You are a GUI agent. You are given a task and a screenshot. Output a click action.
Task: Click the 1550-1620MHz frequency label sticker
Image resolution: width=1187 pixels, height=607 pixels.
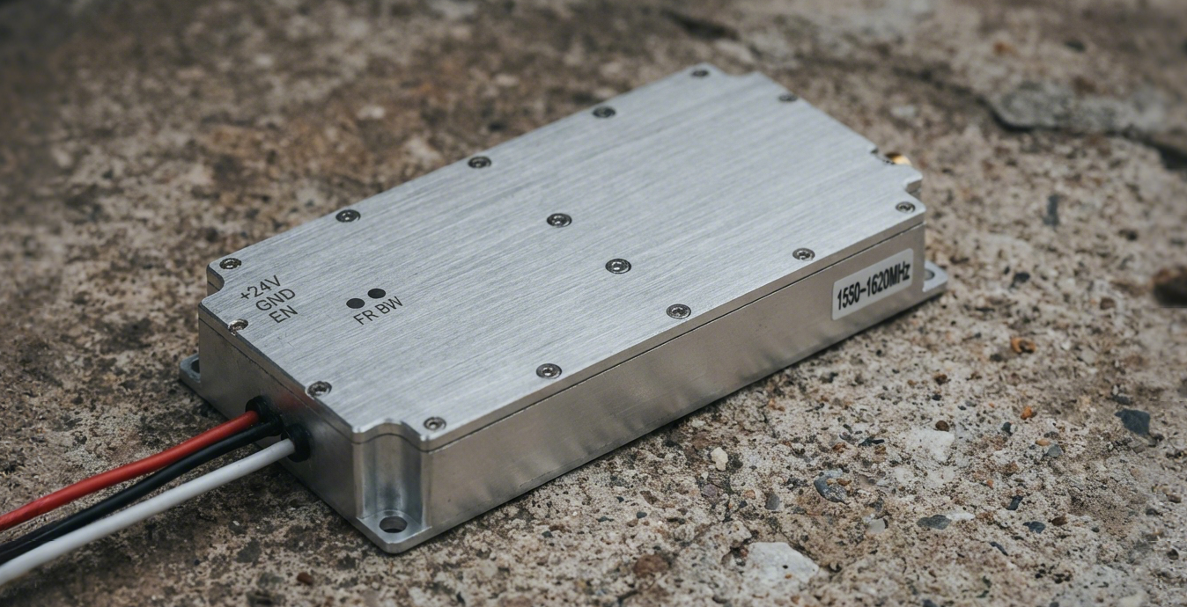pos(873,284)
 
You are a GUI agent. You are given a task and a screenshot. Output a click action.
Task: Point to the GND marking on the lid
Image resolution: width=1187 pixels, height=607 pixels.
pos(275,300)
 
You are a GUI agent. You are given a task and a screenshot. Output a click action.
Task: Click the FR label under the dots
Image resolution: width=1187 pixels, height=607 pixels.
pos(366,317)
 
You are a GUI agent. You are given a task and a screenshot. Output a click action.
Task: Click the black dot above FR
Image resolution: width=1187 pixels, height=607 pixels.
pos(355,303)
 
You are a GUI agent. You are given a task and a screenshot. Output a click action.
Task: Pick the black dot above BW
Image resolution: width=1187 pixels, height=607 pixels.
pos(376,293)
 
